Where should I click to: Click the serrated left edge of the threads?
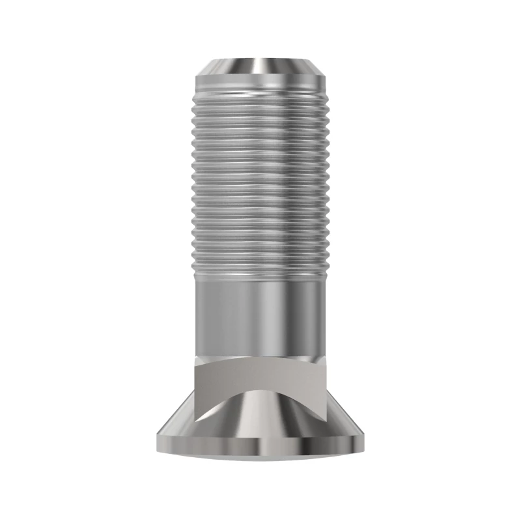coord(193,182)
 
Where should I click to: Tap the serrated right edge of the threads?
coord(328,182)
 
